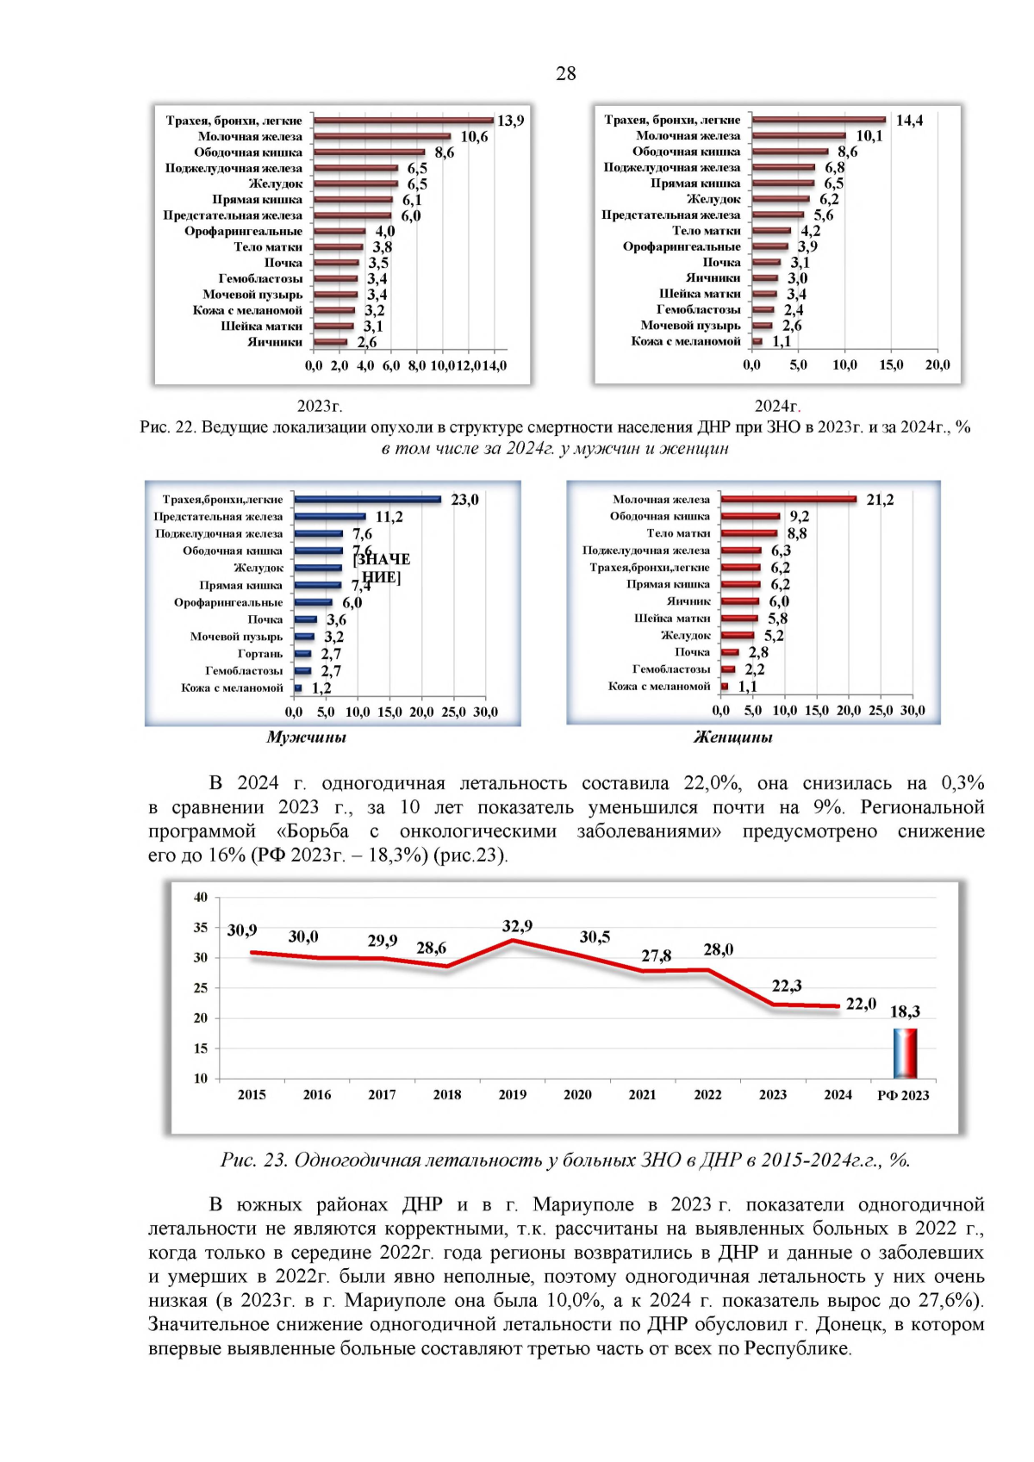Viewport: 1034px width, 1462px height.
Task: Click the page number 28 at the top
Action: pyautogui.click(x=565, y=73)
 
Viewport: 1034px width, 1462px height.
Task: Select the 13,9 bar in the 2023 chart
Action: pyautogui.click(x=403, y=121)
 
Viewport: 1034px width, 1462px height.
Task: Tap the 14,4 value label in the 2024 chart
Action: pyautogui.click(x=909, y=121)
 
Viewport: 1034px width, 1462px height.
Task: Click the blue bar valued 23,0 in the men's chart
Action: pyautogui.click(x=368, y=500)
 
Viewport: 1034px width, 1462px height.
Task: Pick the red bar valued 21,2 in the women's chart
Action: pyautogui.click(x=788, y=499)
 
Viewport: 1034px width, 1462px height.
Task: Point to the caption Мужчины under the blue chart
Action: pyautogui.click(x=306, y=737)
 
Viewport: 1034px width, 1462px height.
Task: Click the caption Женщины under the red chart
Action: pyautogui.click(x=732, y=737)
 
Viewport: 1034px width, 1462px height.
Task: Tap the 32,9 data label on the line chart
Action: pyautogui.click(x=517, y=926)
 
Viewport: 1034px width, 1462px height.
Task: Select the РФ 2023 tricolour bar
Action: pyautogui.click(x=905, y=1053)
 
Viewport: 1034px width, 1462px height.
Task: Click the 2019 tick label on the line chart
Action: pyautogui.click(x=512, y=1095)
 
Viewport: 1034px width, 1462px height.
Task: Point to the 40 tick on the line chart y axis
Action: pyautogui.click(x=201, y=898)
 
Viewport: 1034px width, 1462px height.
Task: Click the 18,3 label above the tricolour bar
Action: pyautogui.click(x=905, y=1011)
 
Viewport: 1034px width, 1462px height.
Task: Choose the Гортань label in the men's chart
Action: pyautogui.click(x=260, y=654)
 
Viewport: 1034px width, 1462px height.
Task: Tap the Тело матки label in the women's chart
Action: pyautogui.click(x=678, y=533)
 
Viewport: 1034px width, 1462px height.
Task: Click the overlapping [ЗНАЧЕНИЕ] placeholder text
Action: pyautogui.click(x=382, y=568)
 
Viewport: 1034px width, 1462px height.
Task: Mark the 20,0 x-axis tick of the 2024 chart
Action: pyautogui.click(x=937, y=365)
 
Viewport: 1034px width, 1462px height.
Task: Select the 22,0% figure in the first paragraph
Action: pyautogui.click(x=713, y=783)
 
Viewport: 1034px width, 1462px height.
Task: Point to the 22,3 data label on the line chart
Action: pyautogui.click(x=786, y=986)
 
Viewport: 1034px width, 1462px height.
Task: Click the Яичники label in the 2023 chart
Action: pyautogui.click(x=275, y=342)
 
